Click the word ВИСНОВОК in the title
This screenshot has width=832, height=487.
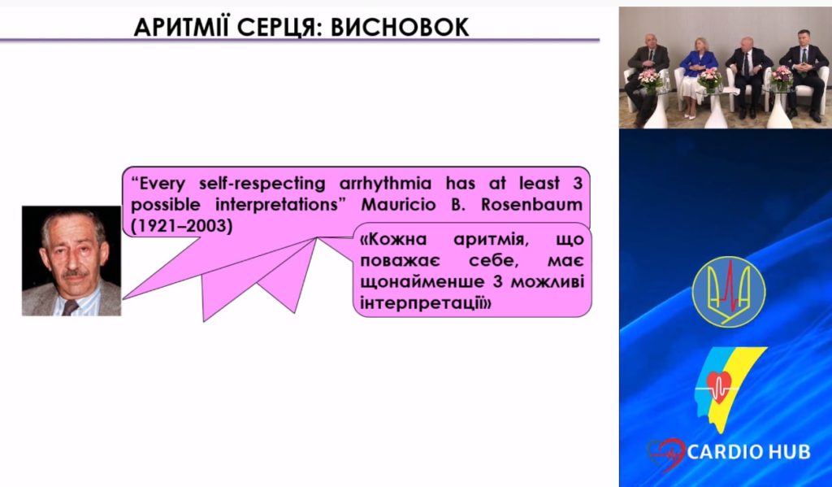(x=400, y=28)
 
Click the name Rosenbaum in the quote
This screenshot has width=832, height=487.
(x=531, y=204)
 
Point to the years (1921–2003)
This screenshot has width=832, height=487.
(x=181, y=226)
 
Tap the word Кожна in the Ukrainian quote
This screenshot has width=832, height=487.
(x=393, y=240)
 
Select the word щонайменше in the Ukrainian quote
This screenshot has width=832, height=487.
(x=422, y=282)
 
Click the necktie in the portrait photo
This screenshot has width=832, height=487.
(x=70, y=307)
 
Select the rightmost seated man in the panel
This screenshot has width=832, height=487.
(x=804, y=74)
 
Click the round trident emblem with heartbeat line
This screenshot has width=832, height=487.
(x=729, y=292)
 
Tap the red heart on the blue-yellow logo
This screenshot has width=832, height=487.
(x=719, y=386)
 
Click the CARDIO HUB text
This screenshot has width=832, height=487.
(x=748, y=452)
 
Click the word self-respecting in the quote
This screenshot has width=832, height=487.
(x=262, y=184)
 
